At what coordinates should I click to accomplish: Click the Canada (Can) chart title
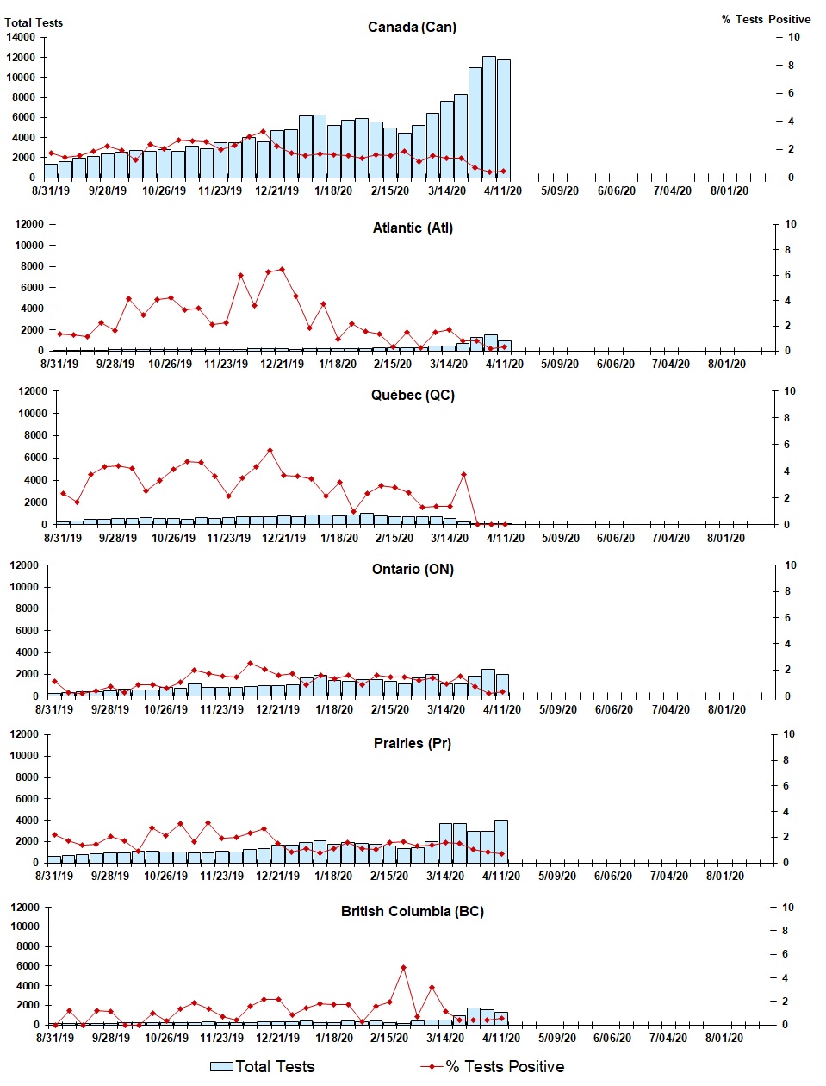click(x=412, y=27)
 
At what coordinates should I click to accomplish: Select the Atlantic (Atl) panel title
click(x=413, y=228)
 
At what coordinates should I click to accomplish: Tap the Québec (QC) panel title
click(x=413, y=395)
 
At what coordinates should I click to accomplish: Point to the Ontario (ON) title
click(x=413, y=569)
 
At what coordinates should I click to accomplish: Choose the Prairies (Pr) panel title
click(x=413, y=743)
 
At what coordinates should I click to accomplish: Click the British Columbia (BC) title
click(x=413, y=911)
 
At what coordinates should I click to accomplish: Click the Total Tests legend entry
click(x=264, y=1067)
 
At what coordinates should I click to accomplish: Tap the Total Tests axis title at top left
click(x=34, y=22)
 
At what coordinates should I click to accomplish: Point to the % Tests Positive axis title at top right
click(x=766, y=19)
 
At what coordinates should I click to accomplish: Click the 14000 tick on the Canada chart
click(x=20, y=37)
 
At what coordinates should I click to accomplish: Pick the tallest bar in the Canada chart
click(x=489, y=116)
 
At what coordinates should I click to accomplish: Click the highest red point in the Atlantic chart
click(x=283, y=270)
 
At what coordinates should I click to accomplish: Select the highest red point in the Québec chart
click(x=270, y=450)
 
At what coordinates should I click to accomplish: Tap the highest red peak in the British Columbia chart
click(x=403, y=968)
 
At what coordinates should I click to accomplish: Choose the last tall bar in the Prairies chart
click(x=501, y=840)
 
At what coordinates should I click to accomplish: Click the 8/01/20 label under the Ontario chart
click(x=727, y=709)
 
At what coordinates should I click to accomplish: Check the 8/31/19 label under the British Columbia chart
click(x=55, y=1038)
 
